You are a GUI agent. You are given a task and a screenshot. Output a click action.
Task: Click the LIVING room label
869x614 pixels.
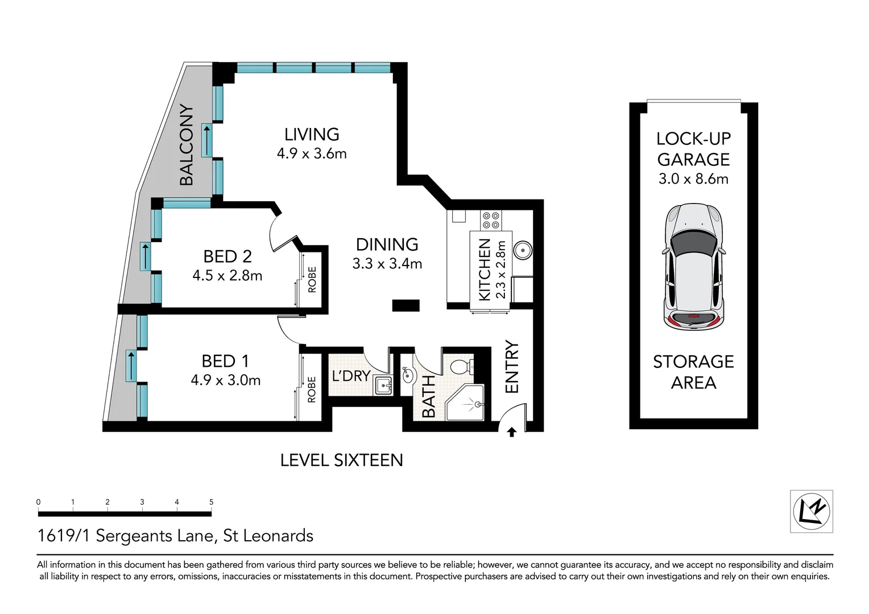click(312, 135)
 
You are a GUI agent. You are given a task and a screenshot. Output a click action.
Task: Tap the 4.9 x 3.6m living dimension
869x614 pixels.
click(312, 153)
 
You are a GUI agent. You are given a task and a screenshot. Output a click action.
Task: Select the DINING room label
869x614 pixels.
click(387, 244)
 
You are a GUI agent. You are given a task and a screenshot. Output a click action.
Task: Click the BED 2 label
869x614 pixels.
click(227, 256)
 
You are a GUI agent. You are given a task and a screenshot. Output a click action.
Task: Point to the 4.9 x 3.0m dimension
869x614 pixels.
click(226, 380)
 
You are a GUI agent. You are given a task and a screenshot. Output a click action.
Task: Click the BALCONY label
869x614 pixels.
click(187, 146)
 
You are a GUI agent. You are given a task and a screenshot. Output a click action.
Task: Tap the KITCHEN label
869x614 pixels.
click(485, 269)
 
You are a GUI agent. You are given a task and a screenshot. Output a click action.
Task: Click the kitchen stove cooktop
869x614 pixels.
click(490, 220)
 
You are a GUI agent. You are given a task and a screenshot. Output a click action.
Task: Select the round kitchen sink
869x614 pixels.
click(522, 250)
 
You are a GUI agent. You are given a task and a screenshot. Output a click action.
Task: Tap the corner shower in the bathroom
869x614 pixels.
click(466, 403)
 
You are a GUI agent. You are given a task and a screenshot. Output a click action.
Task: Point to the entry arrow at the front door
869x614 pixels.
click(511, 433)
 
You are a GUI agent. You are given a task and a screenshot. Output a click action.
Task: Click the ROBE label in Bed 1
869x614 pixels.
click(312, 389)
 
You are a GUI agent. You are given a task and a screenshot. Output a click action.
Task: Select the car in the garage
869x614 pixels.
click(693, 266)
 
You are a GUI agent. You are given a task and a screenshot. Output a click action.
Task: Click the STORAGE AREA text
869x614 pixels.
click(693, 372)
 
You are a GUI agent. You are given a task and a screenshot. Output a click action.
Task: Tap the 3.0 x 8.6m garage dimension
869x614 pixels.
click(693, 179)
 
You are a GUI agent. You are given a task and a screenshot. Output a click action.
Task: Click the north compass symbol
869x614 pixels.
click(812, 511)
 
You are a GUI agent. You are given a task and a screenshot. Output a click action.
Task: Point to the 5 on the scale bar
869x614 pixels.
click(212, 502)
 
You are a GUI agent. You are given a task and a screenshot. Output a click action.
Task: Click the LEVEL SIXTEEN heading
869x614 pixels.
click(341, 460)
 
